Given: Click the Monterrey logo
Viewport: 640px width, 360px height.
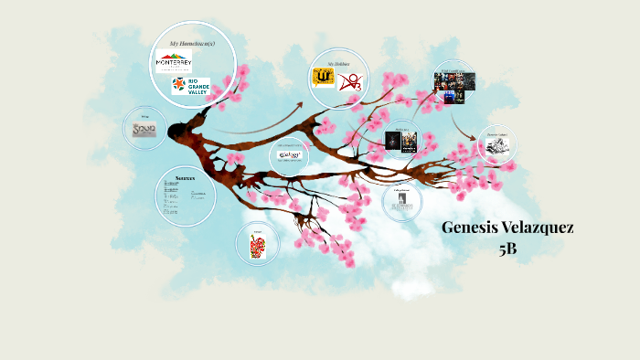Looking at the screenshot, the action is [x=173, y=61].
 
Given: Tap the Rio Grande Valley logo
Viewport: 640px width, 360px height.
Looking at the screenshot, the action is [x=190, y=86].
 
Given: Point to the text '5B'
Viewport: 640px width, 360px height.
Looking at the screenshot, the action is [x=507, y=248].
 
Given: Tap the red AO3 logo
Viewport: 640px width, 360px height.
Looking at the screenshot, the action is [x=350, y=83].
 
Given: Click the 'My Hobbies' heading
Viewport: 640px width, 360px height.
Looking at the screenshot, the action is [x=338, y=63].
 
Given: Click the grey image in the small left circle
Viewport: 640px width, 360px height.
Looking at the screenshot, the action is [x=144, y=130].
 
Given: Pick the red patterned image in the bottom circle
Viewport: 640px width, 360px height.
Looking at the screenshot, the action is [x=259, y=245].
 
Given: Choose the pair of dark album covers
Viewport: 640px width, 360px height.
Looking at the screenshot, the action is [x=400, y=141].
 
